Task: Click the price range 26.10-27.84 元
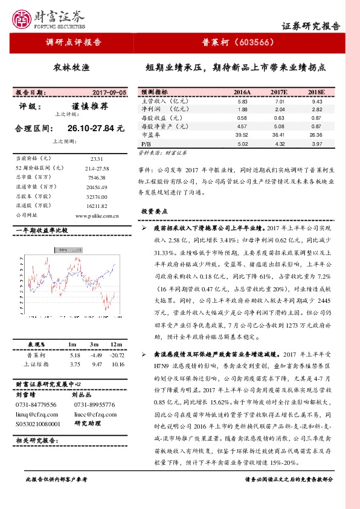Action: (x=95, y=128)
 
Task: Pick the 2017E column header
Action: (x=278, y=92)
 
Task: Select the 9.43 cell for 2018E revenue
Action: (x=317, y=102)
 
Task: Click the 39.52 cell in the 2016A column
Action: (x=241, y=135)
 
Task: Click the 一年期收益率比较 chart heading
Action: (x=42, y=231)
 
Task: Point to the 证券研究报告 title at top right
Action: (x=311, y=26)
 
